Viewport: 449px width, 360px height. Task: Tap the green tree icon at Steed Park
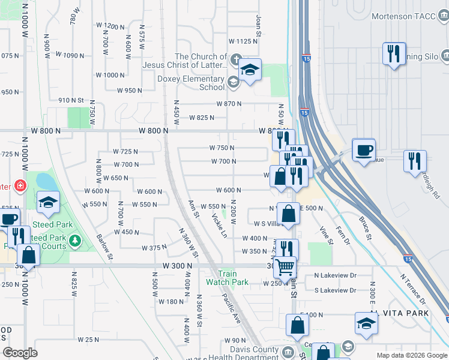tap(75, 241)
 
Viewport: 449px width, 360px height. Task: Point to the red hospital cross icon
tap(21, 186)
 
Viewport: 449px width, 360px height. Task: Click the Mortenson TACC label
tap(405, 16)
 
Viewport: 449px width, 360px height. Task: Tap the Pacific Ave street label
tap(231, 308)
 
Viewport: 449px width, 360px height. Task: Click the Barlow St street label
tap(105, 247)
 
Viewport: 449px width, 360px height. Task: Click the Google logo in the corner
tap(20, 353)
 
